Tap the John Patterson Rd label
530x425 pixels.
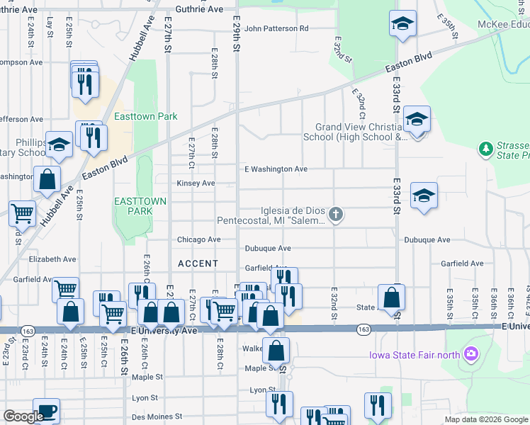point(276,29)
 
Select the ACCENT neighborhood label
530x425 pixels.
point(198,263)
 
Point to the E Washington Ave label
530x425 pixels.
point(276,169)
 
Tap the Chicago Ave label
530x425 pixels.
point(199,240)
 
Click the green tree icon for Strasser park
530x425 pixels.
point(486,148)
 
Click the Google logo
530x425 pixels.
point(23,416)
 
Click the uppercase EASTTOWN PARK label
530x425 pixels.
point(140,206)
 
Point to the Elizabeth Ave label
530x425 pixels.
point(52,260)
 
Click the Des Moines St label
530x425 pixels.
point(157,416)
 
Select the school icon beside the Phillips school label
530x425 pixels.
point(60,144)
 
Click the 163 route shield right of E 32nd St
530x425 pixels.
point(363,329)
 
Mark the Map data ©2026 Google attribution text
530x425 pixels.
point(485,419)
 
